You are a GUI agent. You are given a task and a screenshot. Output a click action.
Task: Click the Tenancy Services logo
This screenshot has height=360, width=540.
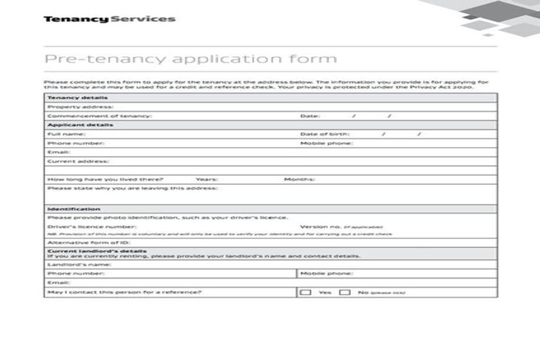(x=110, y=19)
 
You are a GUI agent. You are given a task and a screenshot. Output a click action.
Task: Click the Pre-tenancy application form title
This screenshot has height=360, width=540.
(x=191, y=58)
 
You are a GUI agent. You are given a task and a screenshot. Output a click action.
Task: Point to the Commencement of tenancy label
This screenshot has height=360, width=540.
(x=99, y=115)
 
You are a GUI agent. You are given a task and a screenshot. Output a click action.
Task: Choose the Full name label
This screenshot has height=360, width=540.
(x=66, y=134)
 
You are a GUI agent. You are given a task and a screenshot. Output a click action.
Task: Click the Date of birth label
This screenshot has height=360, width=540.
(x=324, y=134)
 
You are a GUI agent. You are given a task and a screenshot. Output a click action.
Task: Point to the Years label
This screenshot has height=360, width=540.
(x=206, y=179)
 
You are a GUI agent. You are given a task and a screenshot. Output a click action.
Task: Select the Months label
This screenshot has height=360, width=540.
(x=299, y=179)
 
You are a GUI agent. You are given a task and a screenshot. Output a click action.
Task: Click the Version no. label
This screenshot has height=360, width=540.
(x=321, y=227)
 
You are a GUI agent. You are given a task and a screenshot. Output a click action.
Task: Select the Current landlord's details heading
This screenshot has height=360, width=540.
(x=97, y=250)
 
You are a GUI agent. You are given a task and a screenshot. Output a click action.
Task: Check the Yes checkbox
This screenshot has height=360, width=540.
(x=306, y=292)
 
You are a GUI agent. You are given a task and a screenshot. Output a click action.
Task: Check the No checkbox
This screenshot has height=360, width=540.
(x=345, y=292)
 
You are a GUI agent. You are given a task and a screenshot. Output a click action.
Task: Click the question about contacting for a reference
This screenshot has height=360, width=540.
(x=124, y=292)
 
